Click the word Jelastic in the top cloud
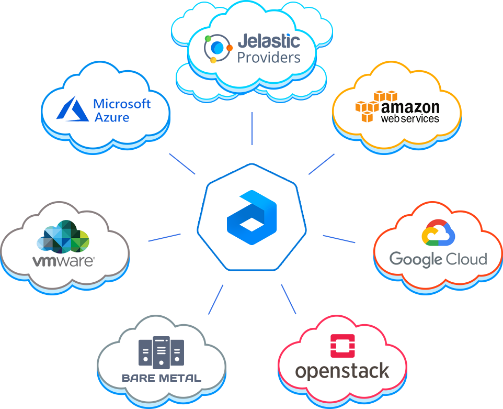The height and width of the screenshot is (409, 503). tap(269, 41)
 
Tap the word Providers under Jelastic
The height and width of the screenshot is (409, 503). tap(269, 57)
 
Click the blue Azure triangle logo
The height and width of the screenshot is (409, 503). tap(73, 109)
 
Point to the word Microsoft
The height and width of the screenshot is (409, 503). tap(122, 104)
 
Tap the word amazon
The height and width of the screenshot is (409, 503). tap(410, 107)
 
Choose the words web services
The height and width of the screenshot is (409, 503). tap(410, 119)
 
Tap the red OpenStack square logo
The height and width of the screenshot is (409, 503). tap(342, 346)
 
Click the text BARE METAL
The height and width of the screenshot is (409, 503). tap(161, 378)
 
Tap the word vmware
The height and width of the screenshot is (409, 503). tap(63, 261)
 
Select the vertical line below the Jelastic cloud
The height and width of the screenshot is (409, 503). tap(252, 128)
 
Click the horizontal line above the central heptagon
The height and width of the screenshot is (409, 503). tap(251, 163)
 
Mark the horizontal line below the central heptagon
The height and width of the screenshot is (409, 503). tap(251, 271)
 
